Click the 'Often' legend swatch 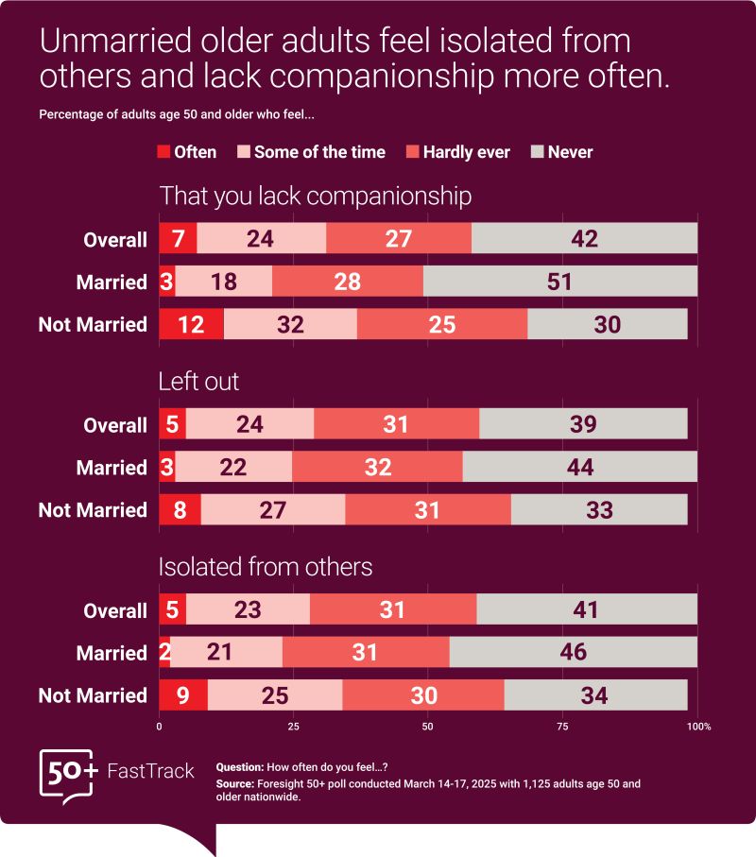tap(162, 152)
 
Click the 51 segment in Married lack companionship tap(560, 282)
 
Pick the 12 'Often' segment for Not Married tap(191, 324)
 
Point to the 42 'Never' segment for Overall tap(584, 239)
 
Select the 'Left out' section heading tap(199, 382)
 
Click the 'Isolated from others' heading tap(266, 567)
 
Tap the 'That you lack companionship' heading tap(316, 197)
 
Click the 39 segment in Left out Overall tap(583, 425)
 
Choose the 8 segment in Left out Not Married tap(180, 510)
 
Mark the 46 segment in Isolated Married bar tap(573, 652)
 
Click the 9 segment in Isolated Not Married tap(182, 695)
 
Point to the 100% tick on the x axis tap(697, 727)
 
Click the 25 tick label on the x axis tap(293, 727)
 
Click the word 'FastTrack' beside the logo tap(150, 772)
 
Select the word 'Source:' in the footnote tap(235, 784)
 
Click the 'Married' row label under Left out tap(112, 468)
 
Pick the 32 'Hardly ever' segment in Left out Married tap(377, 468)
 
